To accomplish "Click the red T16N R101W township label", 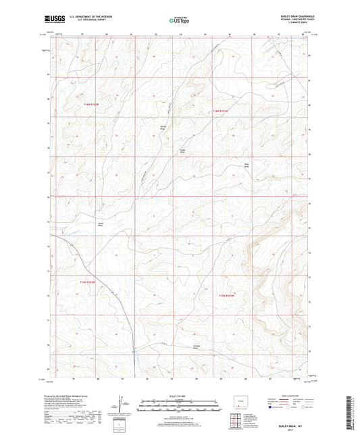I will tap(222, 111).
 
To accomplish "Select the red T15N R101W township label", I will tap(228, 295).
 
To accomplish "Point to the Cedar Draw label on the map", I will tap(181, 151).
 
